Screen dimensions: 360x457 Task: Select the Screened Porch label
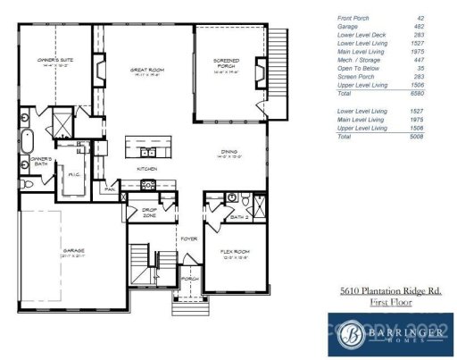click(x=226, y=63)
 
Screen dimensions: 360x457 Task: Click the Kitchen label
click(x=147, y=168)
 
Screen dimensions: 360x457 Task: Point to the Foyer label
click(x=189, y=239)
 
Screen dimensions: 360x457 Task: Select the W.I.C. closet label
click(x=75, y=175)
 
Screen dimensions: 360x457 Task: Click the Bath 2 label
click(x=238, y=217)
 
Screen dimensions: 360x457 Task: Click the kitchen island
click(x=147, y=144)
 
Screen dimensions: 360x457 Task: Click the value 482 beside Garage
click(x=419, y=25)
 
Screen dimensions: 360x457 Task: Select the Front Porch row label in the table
click(x=353, y=17)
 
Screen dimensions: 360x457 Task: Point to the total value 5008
click(x=417, y=137)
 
